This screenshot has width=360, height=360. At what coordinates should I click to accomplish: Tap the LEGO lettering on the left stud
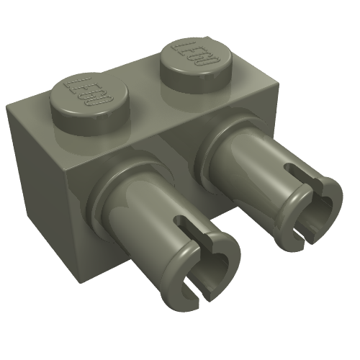89,91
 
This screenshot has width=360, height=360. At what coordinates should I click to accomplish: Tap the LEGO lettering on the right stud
196,53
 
